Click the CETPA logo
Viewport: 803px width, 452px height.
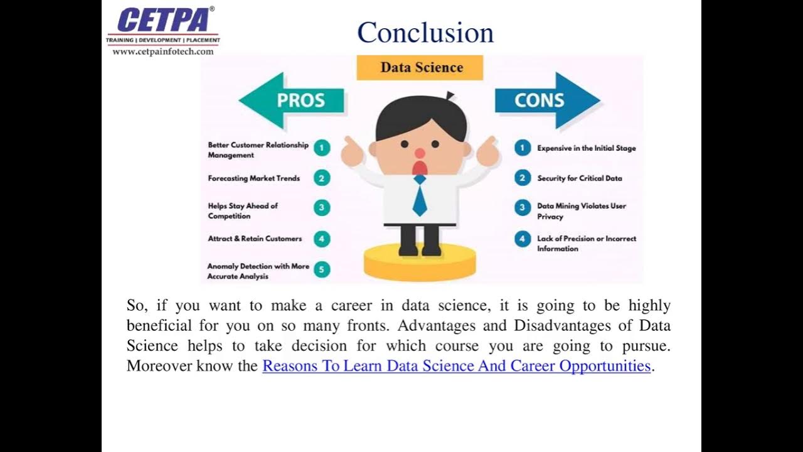(162, 20)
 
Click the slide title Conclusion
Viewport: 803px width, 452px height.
(425, 33)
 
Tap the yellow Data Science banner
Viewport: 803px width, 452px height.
(420, 68)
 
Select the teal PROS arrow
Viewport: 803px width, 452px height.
(292, 100)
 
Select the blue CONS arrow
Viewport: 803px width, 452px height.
(546, 100)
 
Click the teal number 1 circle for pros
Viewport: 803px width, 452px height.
(322, 148)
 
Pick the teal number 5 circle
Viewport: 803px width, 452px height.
(322, 270)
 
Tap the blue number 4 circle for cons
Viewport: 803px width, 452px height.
(522, 239)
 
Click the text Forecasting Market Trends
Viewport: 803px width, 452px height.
(254, 178)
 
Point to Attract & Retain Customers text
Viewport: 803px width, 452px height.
(255, 239)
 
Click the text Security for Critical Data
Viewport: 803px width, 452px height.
(580, 178)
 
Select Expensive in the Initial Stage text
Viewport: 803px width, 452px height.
(587, 148)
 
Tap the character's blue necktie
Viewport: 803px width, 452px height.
(420, 197)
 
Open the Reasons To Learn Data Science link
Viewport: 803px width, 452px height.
(456, 365)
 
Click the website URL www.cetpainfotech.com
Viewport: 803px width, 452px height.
(163, 51)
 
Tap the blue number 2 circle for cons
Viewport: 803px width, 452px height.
(522, 178)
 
